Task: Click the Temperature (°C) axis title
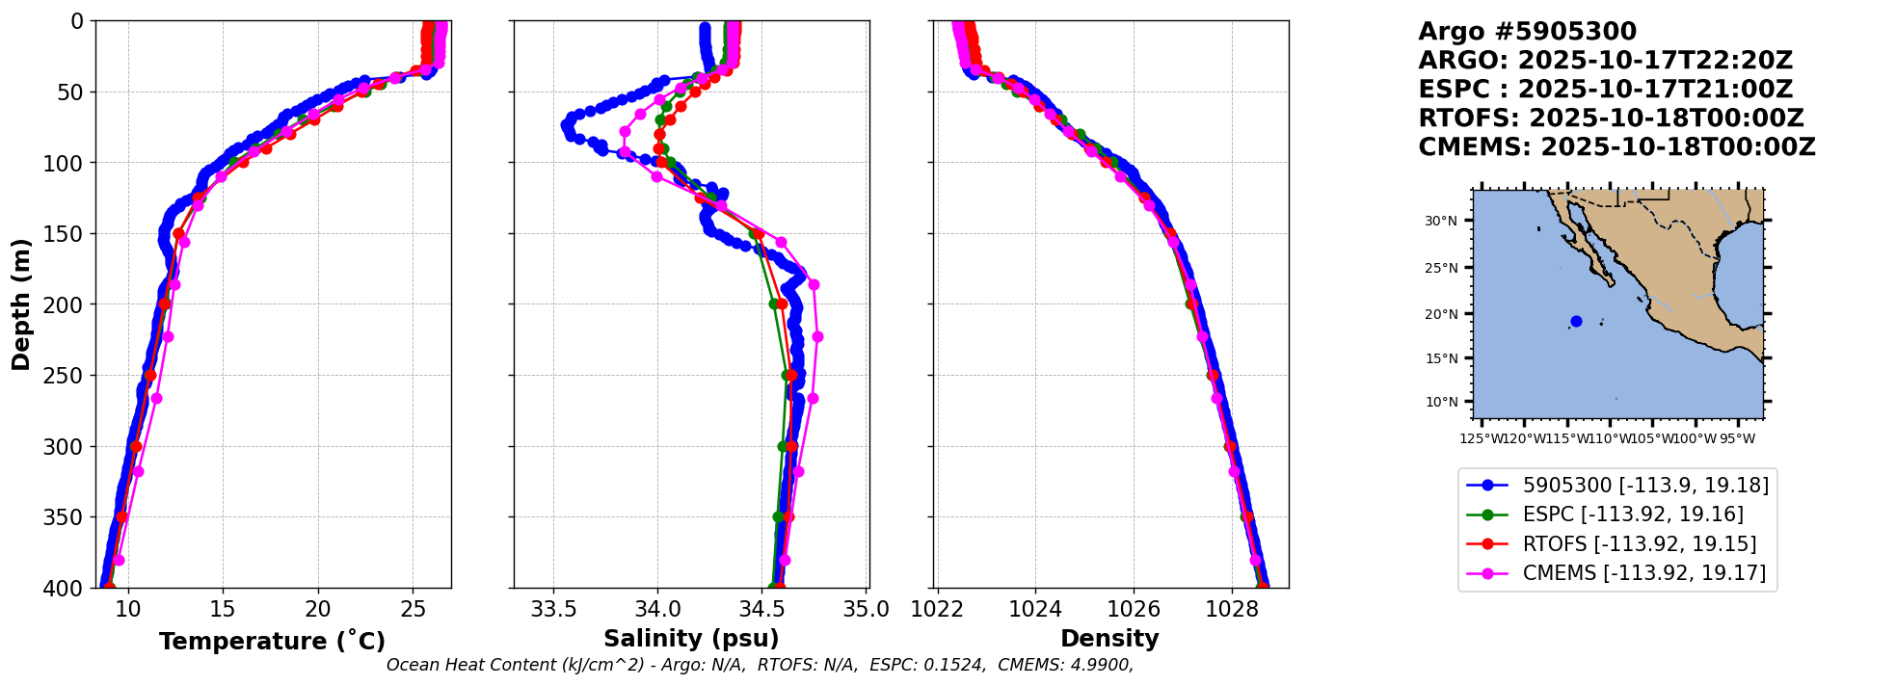point(272,642)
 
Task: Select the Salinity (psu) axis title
point(691,639)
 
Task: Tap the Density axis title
point(1109,639)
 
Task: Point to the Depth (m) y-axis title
point(21,304)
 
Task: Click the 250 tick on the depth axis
point(69,376)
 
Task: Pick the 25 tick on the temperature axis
point(413,609)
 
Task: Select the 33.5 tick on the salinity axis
point(554,609)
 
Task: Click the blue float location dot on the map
point(1576,322)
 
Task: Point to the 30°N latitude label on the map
point(1441,221)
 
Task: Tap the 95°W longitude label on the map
point(1738,439)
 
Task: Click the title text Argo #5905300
point(1527,32)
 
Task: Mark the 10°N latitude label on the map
point(1441,402)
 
